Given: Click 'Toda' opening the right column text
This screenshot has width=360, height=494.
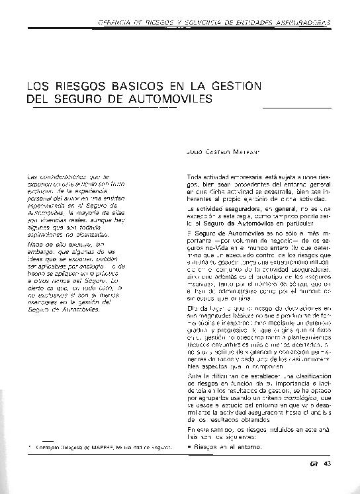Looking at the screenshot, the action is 195,178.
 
